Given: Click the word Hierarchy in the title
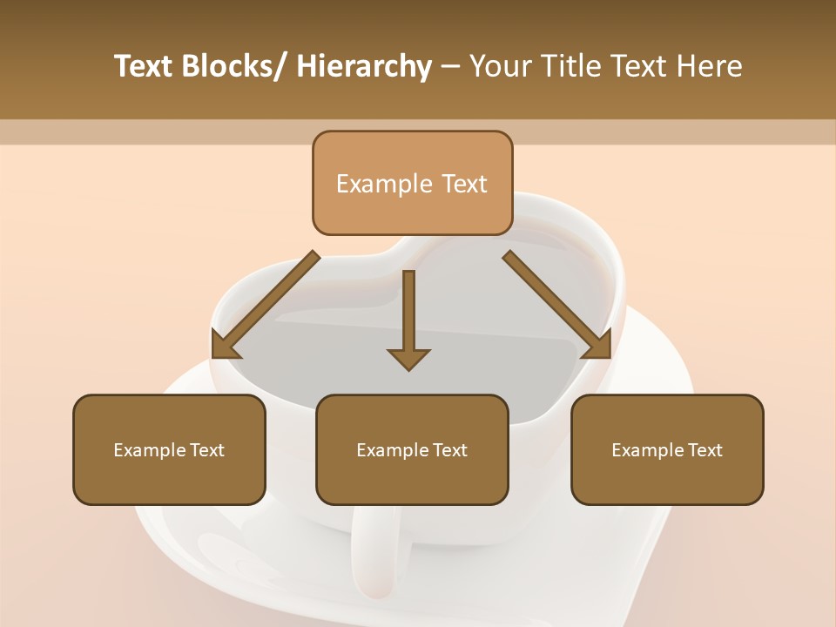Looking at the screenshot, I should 364,67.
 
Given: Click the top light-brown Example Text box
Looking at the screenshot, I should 412,184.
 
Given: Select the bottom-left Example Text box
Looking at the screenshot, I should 169,450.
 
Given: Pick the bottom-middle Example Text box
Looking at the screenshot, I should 412,450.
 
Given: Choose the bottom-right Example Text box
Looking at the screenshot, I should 667,450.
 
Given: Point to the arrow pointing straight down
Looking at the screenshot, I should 408,313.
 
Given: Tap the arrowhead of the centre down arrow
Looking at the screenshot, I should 408,359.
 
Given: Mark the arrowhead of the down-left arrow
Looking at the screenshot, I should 226,346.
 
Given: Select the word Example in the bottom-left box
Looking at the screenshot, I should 148,450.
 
